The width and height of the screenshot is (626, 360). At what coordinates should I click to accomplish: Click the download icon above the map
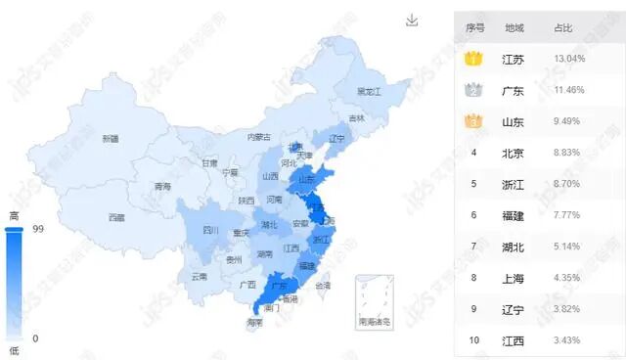[413, 21]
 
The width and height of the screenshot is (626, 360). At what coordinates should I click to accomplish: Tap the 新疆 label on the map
[111, 139]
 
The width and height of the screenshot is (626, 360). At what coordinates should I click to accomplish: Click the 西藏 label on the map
[116, 217]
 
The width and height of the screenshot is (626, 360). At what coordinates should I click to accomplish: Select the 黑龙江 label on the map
[368, 91]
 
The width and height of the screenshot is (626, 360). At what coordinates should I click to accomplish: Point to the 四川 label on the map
[210, 231]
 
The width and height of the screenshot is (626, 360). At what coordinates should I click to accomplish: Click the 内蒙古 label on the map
[258, 138]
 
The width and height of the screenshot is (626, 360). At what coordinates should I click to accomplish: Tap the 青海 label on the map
[162, 186]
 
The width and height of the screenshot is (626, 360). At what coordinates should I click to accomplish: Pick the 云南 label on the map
[200, 277]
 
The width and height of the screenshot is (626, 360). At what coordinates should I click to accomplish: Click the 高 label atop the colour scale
[14, 215]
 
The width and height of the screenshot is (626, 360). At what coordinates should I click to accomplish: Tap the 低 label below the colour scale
[14, 350]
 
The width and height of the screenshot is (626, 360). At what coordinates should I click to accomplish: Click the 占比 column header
[563, 28]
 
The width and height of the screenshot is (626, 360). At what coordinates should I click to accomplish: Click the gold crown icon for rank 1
[474, 59]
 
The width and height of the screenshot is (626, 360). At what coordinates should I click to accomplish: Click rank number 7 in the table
[473, 247]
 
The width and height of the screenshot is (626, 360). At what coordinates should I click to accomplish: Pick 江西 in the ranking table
[514, 340]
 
